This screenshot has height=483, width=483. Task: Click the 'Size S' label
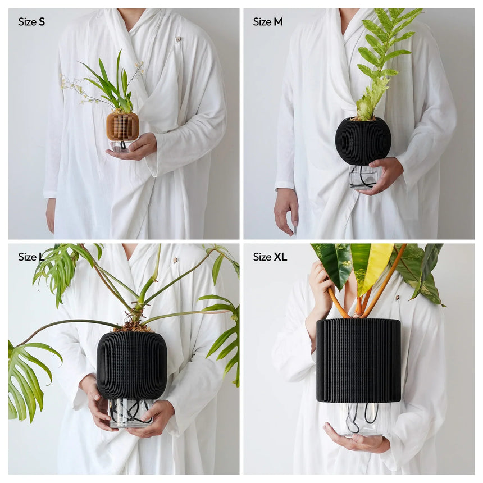click(x=31, y=22)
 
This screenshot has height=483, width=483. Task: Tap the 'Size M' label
click(x=268, y=22)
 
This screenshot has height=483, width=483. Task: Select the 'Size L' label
click(x=31, y=257)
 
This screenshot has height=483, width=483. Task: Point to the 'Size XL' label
click(x=270, y=257)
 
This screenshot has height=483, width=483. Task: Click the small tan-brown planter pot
click(x=122, y=126)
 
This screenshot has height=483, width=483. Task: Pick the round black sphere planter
click(x=363, y=141)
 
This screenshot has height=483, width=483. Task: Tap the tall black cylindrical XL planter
click(x=358, y=361)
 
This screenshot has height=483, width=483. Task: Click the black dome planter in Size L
click(x=132, y=365)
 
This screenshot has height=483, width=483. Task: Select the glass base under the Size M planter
click(x=363, y=177)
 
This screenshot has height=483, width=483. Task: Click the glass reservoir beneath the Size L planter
click(x=131, y=413)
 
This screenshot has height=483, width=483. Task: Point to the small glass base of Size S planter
click(x=121, y=147)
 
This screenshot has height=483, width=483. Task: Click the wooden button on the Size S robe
click(x=178, y=39)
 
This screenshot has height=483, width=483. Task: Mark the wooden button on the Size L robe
click(x=176, y=260)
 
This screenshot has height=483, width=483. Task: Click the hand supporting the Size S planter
click(x=135, y=148)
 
